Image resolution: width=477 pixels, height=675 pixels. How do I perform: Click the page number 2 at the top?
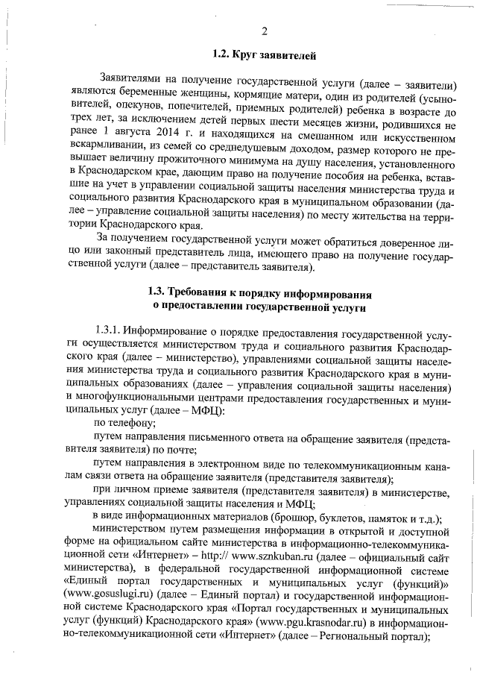[264, 31]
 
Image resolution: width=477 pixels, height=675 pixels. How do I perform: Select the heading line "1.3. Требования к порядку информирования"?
[259, 291]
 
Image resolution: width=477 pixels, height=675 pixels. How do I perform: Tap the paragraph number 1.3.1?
[107, 330]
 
